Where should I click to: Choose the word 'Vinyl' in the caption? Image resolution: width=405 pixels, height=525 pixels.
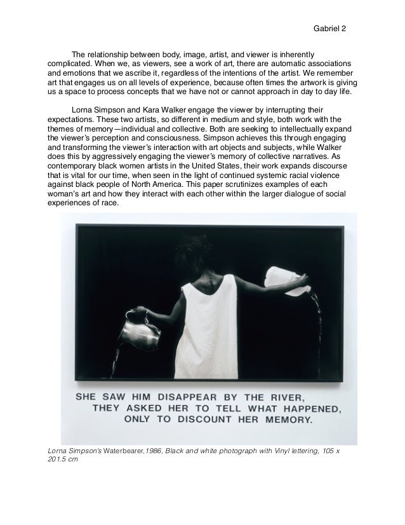click(286, 451)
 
